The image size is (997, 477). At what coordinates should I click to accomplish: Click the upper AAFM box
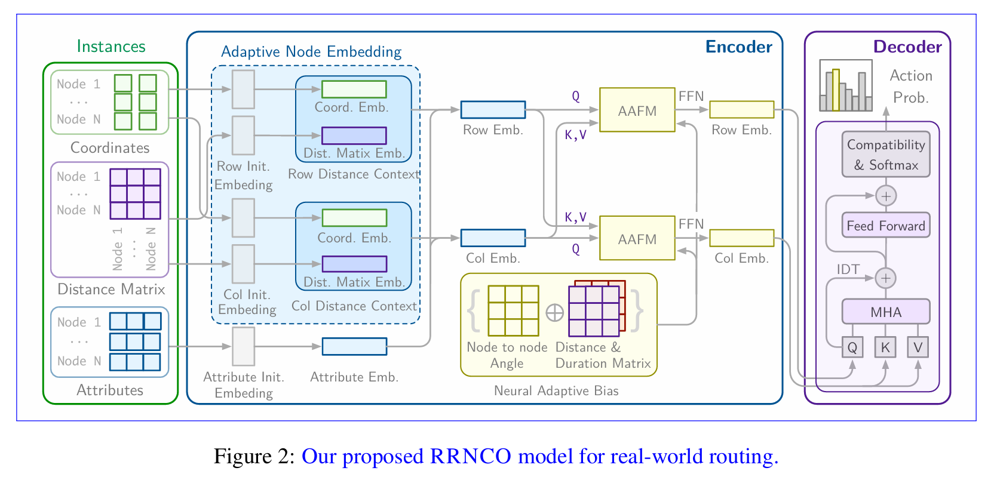[x=637, y=110]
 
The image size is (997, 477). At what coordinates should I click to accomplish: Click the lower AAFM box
[x=637, y=238]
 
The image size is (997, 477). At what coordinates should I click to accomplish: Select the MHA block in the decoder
[x=885, y=312]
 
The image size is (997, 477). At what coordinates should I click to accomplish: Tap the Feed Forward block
[x=885, y=225]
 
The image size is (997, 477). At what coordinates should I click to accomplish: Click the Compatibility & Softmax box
[x=885, y=155]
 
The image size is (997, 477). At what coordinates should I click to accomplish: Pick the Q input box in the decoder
[x=852, y=347]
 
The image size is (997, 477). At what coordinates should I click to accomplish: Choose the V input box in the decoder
[x=918, y=347]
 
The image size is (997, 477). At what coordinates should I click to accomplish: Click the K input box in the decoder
[x=885, y=347]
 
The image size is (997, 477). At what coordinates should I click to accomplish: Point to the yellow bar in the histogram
[x=836, y=90]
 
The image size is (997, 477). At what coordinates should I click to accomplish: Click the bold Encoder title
[x=738, y=47]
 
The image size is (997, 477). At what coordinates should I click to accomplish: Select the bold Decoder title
[x=907, y=47]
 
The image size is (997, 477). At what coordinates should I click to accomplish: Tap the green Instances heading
[x=111, y=47]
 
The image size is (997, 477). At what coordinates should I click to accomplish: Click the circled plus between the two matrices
[x=554, y=312]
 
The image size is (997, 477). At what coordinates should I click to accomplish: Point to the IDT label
[x=848, y=269]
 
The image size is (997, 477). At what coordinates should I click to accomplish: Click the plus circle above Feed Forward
[x=885, y=196]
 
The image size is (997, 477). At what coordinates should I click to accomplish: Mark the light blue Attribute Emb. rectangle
[x=354, y=346]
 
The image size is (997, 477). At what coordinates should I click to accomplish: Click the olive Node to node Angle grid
[x=513, y=310]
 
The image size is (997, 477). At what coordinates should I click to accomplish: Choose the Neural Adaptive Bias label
[x=556, y=391]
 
